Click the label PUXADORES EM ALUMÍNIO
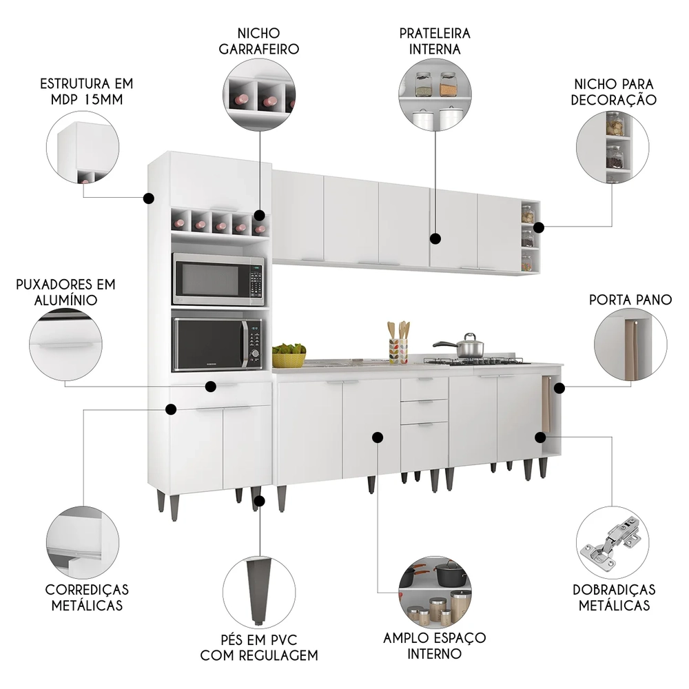point(67,291)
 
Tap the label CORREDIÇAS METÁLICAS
point(86,597)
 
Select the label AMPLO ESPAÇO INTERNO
point(435,645)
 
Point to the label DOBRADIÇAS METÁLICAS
point(614,597)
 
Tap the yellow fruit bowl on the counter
point(289,356)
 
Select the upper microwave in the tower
point(218,279)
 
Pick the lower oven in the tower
point(218,343)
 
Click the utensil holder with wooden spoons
point(398,346)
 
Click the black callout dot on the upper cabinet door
point(435,239)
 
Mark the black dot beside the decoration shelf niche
point(538,227)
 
